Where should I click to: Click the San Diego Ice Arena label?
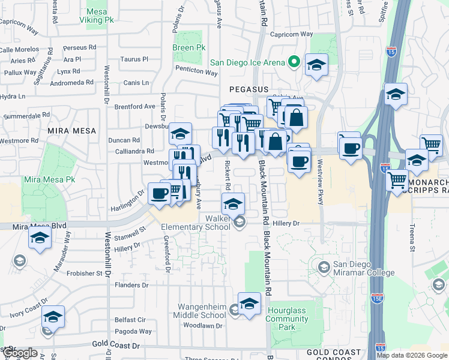click(x=247, y=62)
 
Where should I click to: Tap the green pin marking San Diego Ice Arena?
click(x=294, y=62)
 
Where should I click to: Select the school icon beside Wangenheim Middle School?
click(x=234, y=310)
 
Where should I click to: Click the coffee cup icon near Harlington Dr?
click(x=159, y=193)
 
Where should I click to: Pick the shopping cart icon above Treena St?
click(x=397, y=179)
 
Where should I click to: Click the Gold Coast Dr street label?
click(x=115, y=346)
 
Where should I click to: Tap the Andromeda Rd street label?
click(x=72, y=83)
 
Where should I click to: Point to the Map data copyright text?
click(x=412, y=355)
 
